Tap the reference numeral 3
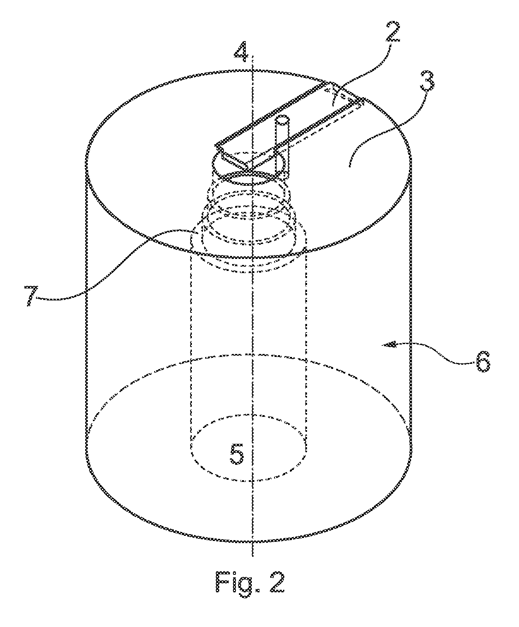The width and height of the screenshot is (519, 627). [x=427, y=81]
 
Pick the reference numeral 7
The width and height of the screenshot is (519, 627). [x=32, y=296]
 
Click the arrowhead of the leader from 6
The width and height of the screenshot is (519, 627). [x=388, y=345]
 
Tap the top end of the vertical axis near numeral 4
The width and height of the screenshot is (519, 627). [x=253, y=56]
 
